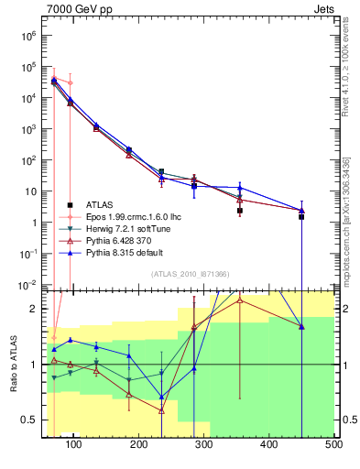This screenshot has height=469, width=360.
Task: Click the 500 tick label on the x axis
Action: [333, 445]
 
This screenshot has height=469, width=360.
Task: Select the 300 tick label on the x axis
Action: [203, 445]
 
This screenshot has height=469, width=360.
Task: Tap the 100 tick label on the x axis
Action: [74, 445]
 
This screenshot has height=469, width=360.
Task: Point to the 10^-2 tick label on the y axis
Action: [27, 285]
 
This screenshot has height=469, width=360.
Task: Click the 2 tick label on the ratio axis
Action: [33, 309]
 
